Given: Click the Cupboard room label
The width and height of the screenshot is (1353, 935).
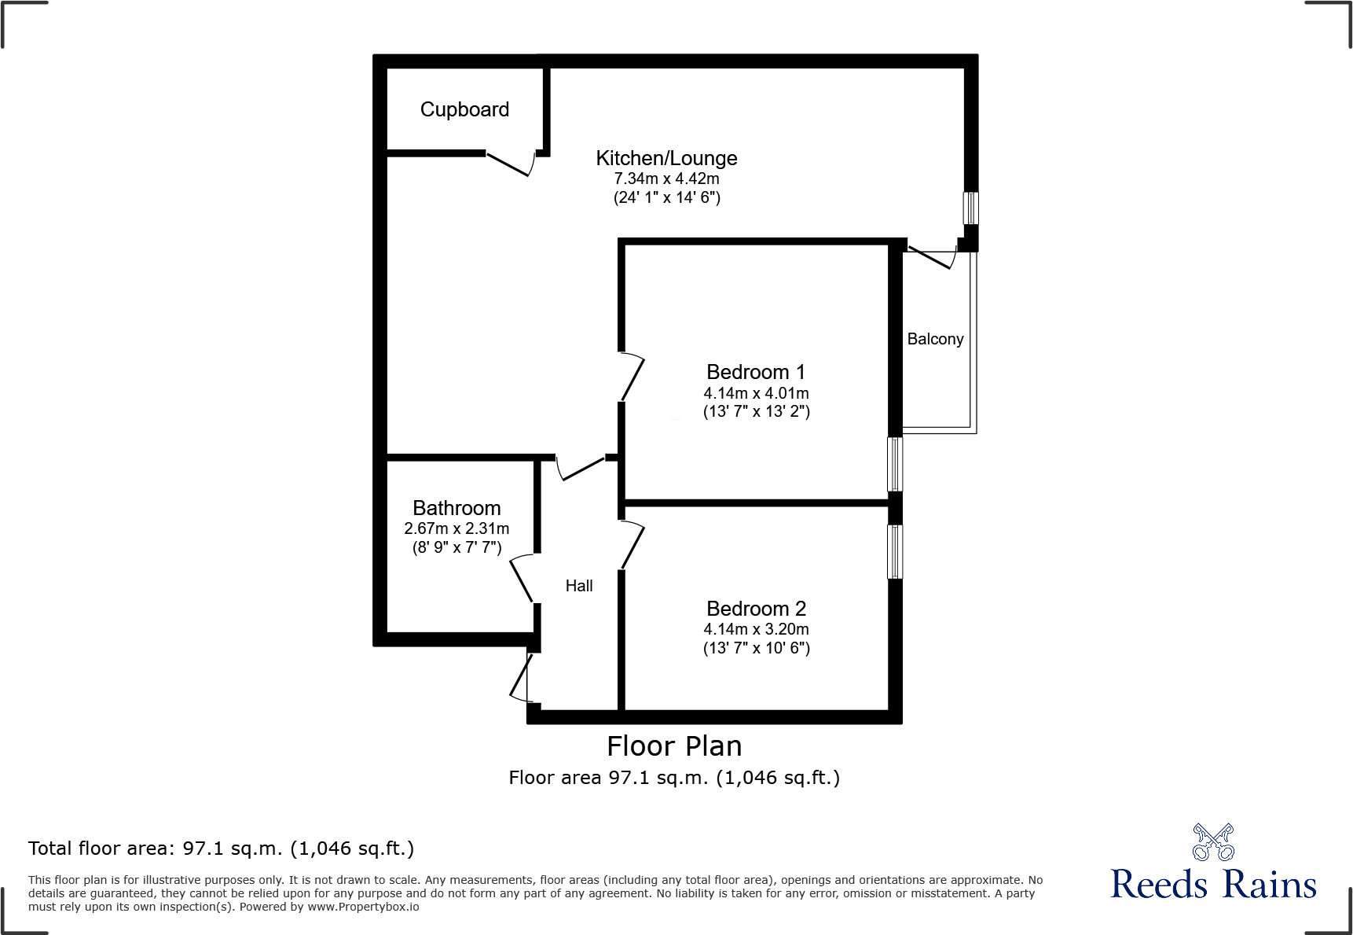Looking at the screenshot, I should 464,109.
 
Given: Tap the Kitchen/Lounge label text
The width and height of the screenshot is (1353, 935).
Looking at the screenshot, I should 666,158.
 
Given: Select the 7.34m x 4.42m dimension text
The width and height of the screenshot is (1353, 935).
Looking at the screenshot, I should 666,179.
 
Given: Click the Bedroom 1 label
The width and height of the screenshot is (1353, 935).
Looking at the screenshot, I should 755,372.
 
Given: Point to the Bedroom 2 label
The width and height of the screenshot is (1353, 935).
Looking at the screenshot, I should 756,609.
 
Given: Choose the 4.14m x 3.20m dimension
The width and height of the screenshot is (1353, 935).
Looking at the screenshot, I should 756,629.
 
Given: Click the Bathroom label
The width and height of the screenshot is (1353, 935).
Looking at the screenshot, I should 456,508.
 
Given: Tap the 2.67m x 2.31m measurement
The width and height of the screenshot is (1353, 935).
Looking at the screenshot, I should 456,528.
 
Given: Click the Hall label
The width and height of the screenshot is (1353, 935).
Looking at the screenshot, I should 579,586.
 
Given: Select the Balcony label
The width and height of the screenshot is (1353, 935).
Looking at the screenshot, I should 935,339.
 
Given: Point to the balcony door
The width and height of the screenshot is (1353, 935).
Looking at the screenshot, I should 932,258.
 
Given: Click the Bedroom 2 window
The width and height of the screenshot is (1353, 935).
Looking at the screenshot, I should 895,551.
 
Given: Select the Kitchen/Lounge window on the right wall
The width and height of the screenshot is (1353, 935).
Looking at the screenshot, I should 971,208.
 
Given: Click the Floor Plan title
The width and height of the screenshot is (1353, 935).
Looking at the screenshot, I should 674,746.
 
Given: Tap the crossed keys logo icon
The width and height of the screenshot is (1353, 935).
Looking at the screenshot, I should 1213,842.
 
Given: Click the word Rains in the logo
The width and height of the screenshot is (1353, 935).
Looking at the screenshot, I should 1269,885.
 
